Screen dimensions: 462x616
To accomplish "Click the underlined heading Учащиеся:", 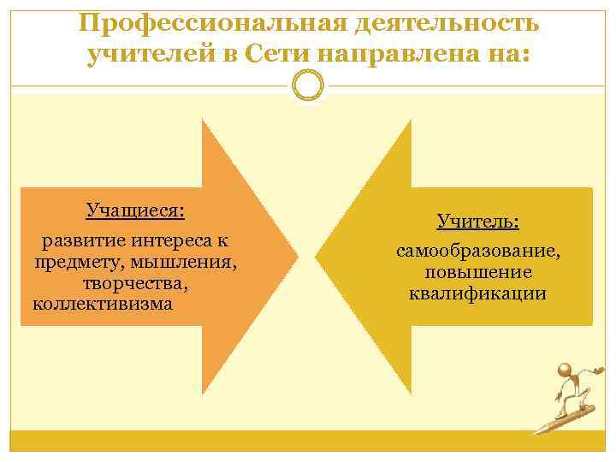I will tap(135, 210).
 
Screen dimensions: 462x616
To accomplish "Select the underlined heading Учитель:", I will tap(478, 222).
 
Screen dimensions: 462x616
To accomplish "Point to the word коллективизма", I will tap(102, 303).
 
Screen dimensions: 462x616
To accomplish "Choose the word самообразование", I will tap(478, 252).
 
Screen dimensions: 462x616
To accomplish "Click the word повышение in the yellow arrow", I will tap(478, 272).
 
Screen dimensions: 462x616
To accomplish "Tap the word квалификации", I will tap(478, 293).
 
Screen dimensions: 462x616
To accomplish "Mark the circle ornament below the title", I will tap(308, 87).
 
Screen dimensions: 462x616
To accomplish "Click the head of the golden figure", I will tap(566, 370).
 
